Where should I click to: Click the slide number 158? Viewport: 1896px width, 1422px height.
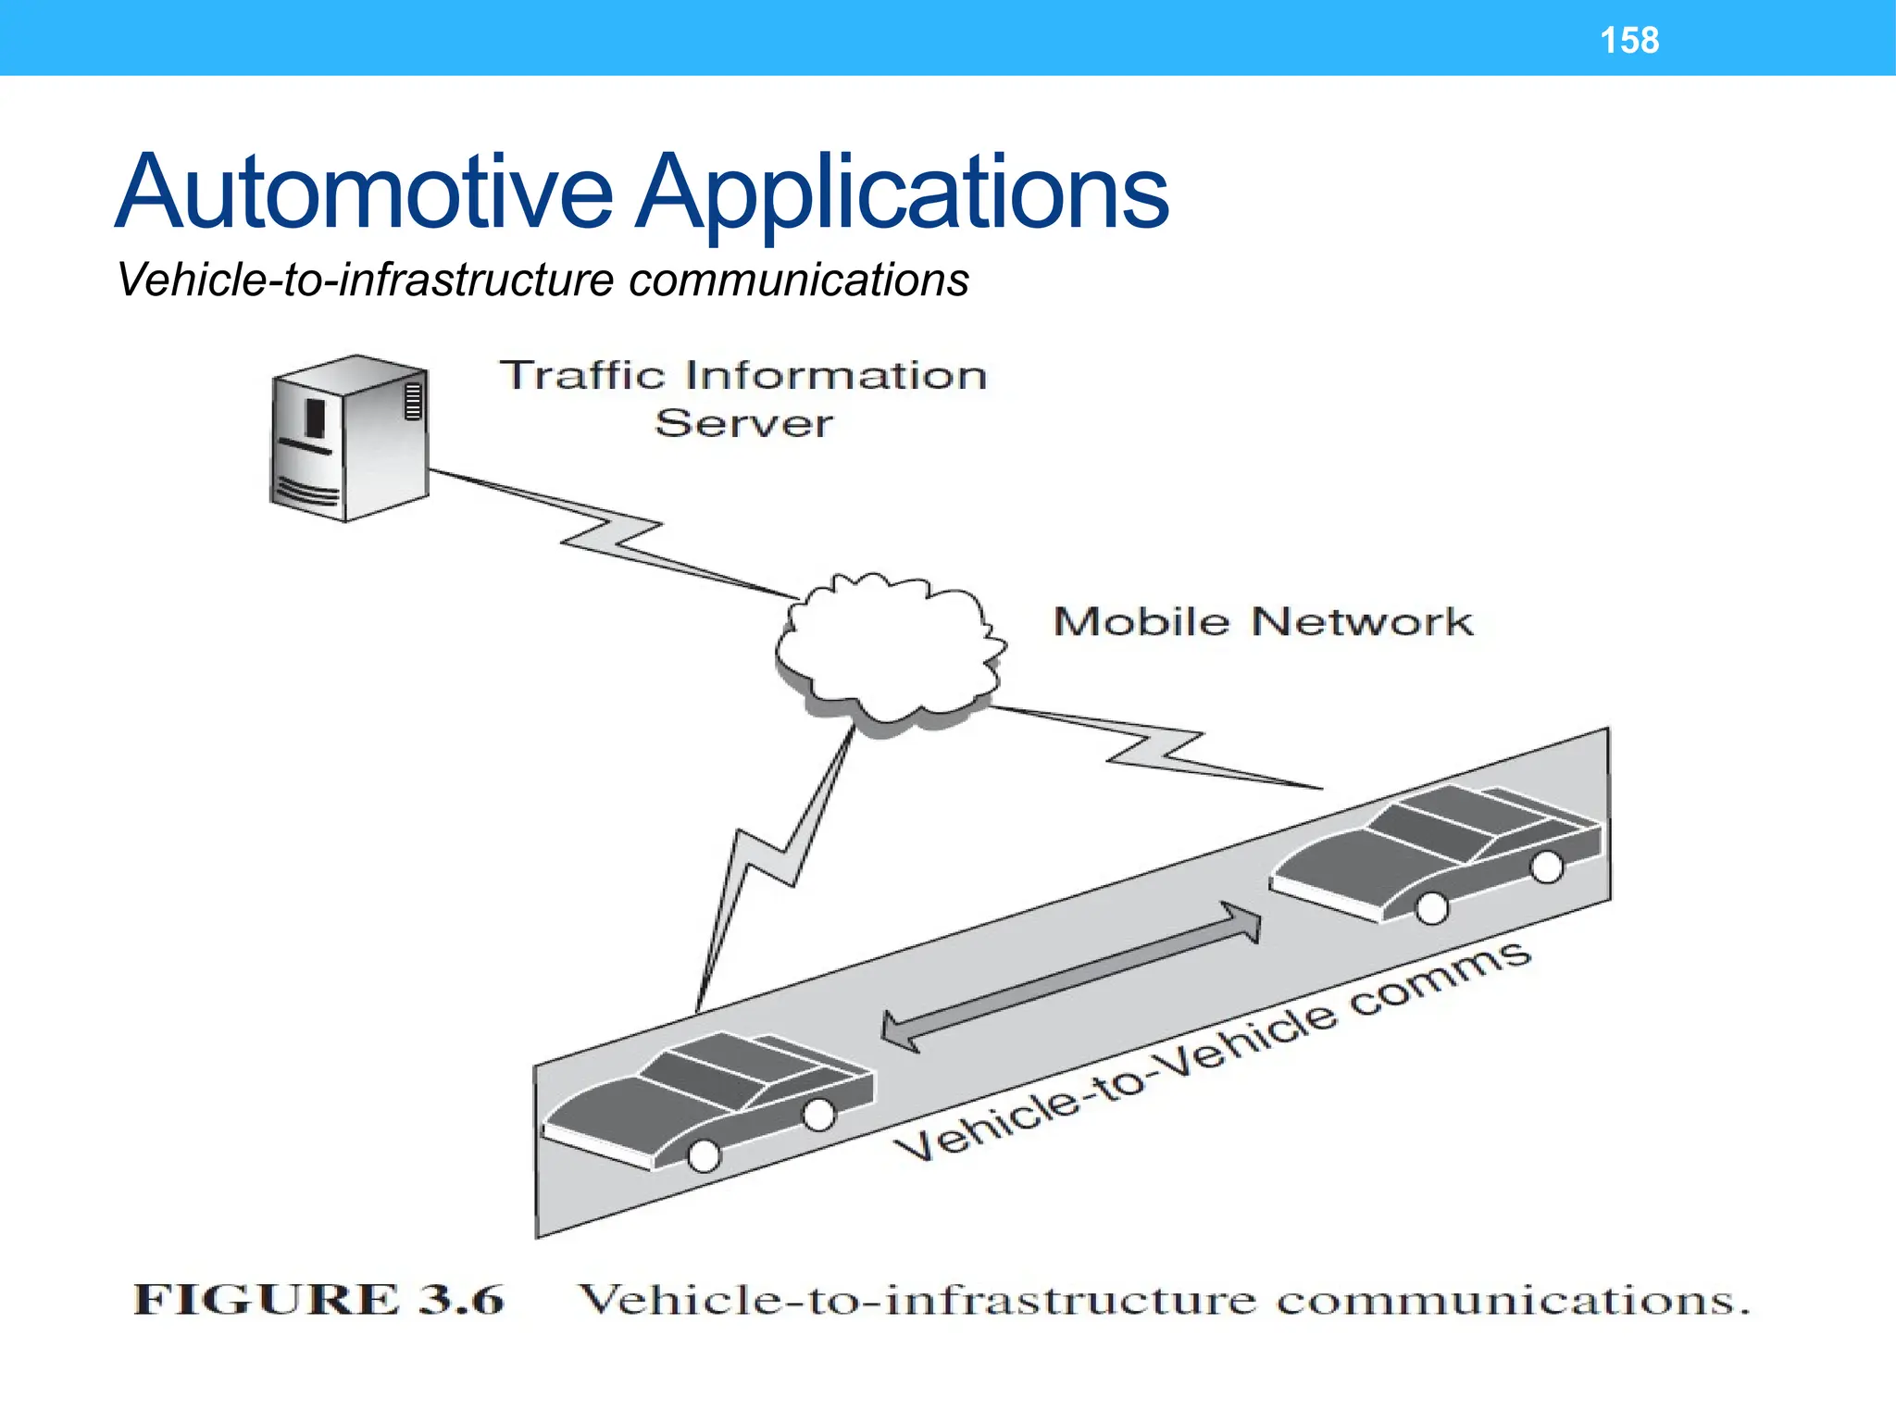coord(1629,41)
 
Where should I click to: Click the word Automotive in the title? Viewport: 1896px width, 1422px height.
coord(364,192)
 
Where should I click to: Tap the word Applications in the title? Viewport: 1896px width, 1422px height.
coord(903,192)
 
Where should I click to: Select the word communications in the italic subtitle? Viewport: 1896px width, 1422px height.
coord(798,280)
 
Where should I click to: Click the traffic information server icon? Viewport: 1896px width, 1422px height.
coord(350,439)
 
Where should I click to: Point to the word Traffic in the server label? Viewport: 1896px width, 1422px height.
coord(582,377)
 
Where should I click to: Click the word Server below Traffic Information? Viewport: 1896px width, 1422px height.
coord(743,424)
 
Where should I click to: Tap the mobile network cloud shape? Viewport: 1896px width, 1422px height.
coord(889,653)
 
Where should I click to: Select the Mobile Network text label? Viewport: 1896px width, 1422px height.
coord(1262,622)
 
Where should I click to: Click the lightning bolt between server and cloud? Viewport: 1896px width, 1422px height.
coord(611,535)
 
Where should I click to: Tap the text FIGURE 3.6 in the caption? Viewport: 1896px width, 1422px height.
coord(319,1300)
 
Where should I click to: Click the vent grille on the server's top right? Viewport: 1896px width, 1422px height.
coord(413,401)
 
